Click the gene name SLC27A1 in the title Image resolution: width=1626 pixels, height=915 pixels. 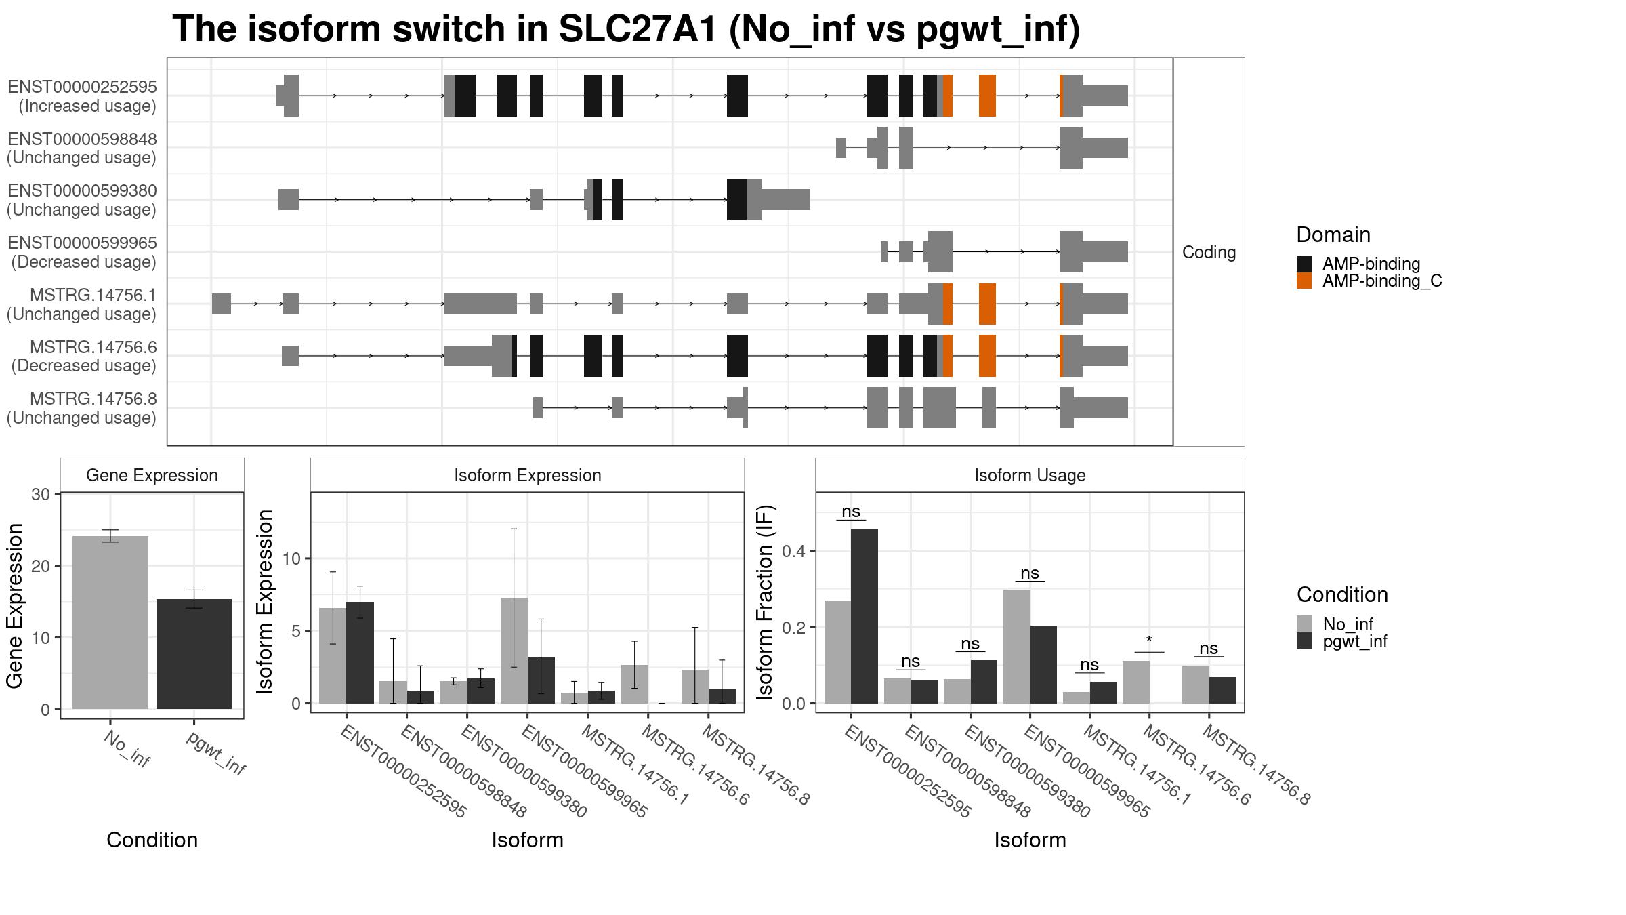[x=638, y=29]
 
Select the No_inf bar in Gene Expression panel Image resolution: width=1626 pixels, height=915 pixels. [x=110, y=622]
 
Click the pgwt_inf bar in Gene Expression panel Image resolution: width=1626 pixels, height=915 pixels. [x=194, y=654]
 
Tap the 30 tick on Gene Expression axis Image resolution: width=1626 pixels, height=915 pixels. [x=41, y=494]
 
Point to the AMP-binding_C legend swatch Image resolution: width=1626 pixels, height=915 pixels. [x=1304, y=281]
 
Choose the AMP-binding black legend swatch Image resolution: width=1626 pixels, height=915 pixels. [x=1304, y=264]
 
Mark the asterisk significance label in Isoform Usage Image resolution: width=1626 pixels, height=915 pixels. [x=1149, y=640]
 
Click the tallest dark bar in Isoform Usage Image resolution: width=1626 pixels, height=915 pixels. [x=864, y=616]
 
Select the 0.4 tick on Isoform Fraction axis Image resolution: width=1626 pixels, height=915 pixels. [x=795, y=551]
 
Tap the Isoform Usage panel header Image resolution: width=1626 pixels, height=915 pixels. [x=1030, y=475]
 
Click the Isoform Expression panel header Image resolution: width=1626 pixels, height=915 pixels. [x=527, y=475]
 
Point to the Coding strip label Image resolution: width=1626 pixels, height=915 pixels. [x=1209, y=252]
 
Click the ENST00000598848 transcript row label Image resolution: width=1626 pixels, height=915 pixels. [x=82, y=148]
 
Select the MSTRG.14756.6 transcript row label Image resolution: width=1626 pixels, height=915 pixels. [x=84, y=357]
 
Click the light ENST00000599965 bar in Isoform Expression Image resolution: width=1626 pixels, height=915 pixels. [x=514, y=651]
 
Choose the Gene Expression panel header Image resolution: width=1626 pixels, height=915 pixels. [x=152, y=475]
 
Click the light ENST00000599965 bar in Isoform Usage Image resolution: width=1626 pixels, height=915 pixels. [x=1017, y=647]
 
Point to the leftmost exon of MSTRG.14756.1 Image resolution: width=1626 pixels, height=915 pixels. [x=222, y=304]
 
